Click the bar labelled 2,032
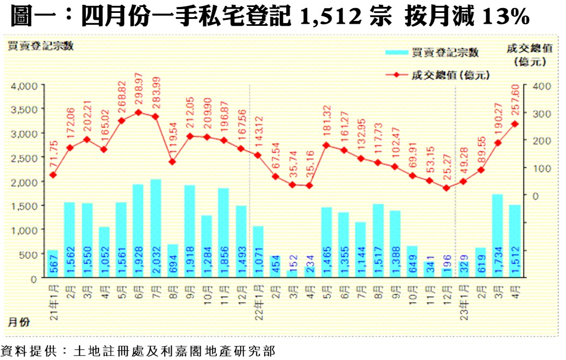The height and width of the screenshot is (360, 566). coord(156,229)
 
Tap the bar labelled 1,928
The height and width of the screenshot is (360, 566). coord(138,231)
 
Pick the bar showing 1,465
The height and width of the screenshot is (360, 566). coord(327,243)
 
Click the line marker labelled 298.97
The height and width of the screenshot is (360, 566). coord(138,112)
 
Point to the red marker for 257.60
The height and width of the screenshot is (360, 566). coord(515,124)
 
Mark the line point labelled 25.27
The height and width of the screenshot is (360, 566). coord(446,188)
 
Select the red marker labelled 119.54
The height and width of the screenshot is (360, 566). coord(173,161)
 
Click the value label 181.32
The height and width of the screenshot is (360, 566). coord(327,124)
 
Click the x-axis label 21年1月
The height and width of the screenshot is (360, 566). coord(53,299)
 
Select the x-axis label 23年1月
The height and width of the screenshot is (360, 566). coord(463,299)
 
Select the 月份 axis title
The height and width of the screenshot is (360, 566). coord(19,322)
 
